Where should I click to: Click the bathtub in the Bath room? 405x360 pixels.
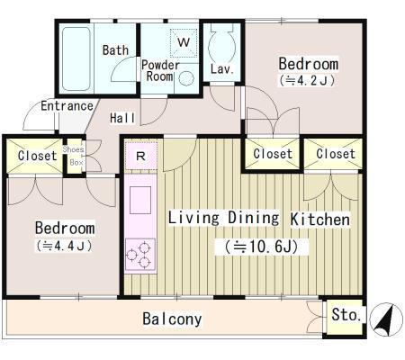pos(76,58)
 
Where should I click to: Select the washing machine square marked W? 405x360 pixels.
pos(184,42)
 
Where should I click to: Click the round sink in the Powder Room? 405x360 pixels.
pos(186,78)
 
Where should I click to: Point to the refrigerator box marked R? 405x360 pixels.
pos(140,156)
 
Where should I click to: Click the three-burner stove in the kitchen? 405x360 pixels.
pos(140,255)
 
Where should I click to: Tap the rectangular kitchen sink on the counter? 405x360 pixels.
pos(140,200)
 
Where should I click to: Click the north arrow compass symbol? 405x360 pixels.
pos(386,319)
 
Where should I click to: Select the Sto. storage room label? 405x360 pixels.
pos(346,315)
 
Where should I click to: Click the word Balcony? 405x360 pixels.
pos(172,319)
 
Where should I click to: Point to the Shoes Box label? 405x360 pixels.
pos(74,156)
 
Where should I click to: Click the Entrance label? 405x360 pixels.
pos(67,106)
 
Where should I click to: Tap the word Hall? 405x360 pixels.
pos(122,118)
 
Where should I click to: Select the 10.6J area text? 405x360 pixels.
pos(262,247)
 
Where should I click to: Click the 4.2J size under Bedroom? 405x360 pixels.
pos(307,80)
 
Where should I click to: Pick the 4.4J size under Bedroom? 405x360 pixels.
pos(64,246)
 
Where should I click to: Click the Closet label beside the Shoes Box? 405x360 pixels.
pos(37,156)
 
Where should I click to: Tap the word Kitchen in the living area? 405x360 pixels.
pos(320,220)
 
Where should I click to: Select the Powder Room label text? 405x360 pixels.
pos(160,71)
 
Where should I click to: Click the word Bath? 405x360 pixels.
pos(115,50)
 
